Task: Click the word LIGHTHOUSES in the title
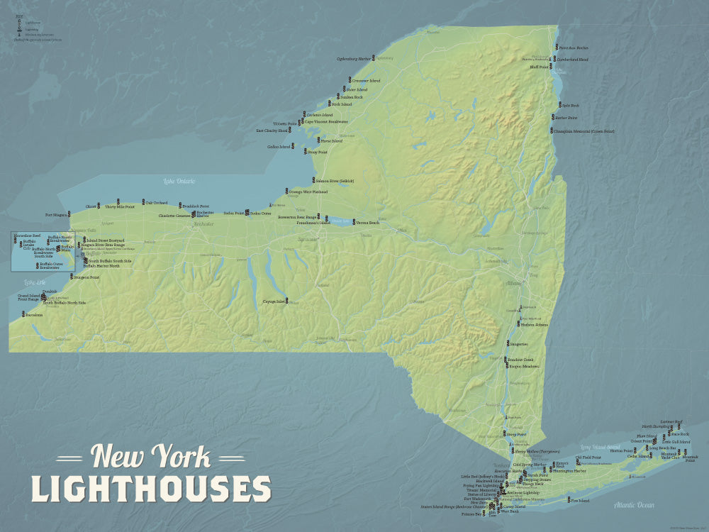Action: tap(151, 489)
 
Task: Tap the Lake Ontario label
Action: tap(179, 182)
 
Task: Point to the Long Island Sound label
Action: tap(600, 447)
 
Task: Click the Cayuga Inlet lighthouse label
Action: tap(274, 301)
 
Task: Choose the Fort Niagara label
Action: tap(55, 214)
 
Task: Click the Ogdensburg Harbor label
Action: tap(354, 59)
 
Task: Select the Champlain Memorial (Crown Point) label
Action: tap(585, 131)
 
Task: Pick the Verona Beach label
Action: tap(367, 223)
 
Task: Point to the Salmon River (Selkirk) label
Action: tap(335, 181)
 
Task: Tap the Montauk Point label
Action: tap(690, 458)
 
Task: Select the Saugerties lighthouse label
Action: tap(518, 343)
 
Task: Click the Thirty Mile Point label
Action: tap(119, 206)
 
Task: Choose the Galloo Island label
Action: tap(279, 147)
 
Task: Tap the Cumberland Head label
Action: tap(573, 60)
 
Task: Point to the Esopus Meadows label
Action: tap(525, 367)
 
